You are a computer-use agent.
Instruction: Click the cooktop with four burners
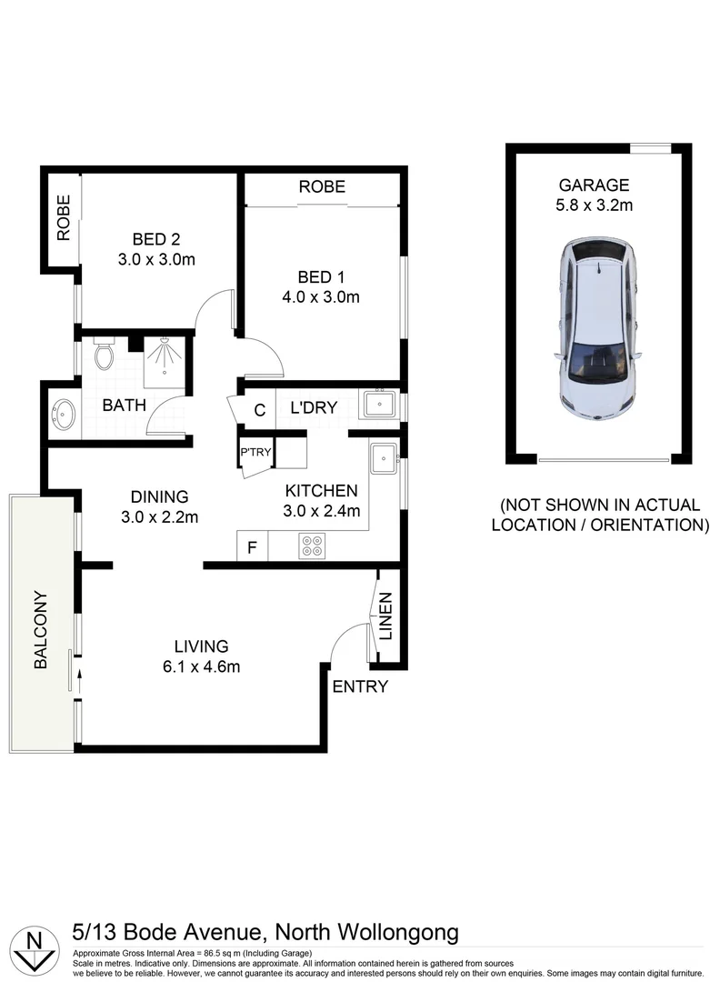click(312, 546)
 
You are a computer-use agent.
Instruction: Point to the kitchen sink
click(383, 457)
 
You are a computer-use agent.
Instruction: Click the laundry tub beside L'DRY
click(377, 403)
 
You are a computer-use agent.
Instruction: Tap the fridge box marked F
click(251, 547)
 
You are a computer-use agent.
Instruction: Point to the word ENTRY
click(360, 686)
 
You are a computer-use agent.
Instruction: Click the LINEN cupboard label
click(386, 616)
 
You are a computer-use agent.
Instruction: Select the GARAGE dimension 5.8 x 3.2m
click(595, 205)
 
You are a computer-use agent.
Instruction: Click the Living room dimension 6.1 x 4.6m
click(201, 667)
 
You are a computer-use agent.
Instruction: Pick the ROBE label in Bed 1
click(323, 186)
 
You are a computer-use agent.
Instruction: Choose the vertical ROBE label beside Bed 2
click(64, 218)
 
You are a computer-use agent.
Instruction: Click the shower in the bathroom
click(164, 356)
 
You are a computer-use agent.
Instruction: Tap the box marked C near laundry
click(259, 410)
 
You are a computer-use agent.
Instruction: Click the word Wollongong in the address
click(396, 932)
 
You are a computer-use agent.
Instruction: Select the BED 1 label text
click(322, 277)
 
